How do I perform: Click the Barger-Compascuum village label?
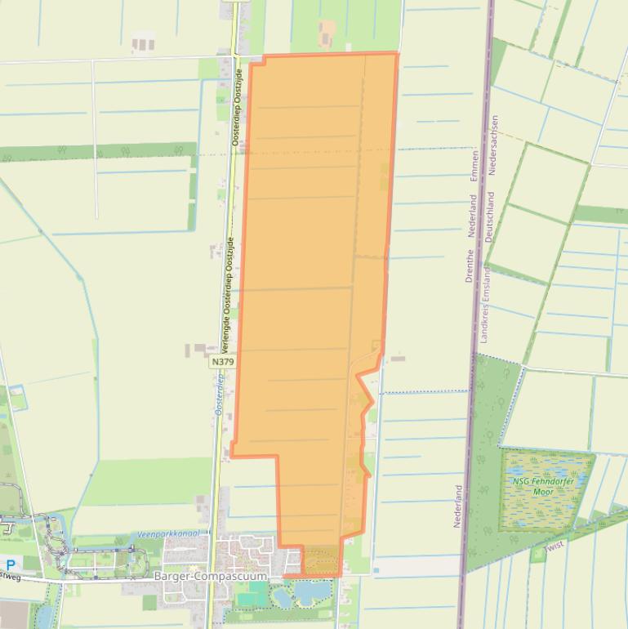pos(210,576)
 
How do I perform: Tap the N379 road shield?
pos(222,361)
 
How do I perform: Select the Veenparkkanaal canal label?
pos(167,533)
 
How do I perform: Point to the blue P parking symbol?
pos(11,564)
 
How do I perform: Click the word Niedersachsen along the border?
pos(492,145)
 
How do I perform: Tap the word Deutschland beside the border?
pos(488,216)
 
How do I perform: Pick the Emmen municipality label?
pos(474,167)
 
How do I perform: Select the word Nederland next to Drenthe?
pos(472,216)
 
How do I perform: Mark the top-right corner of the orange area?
pos(397,55)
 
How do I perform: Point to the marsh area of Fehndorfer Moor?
pos(546,502)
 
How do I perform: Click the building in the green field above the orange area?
pos(327,33)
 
